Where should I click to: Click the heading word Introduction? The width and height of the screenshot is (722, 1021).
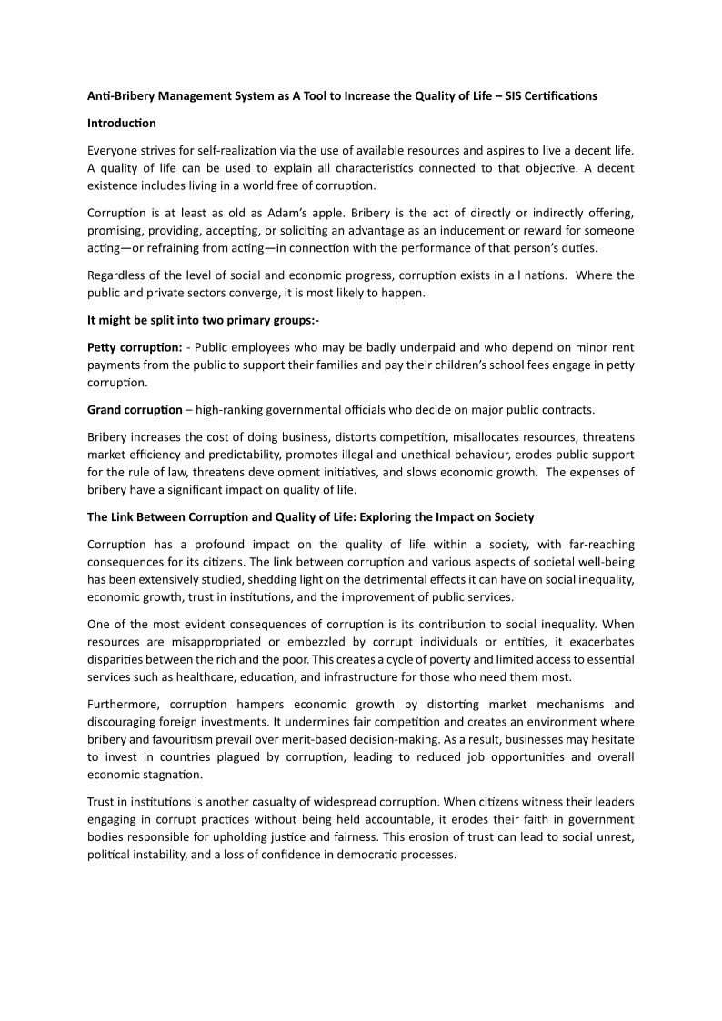(122, 123)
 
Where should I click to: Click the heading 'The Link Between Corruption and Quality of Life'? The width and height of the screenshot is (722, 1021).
(310, 517)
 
